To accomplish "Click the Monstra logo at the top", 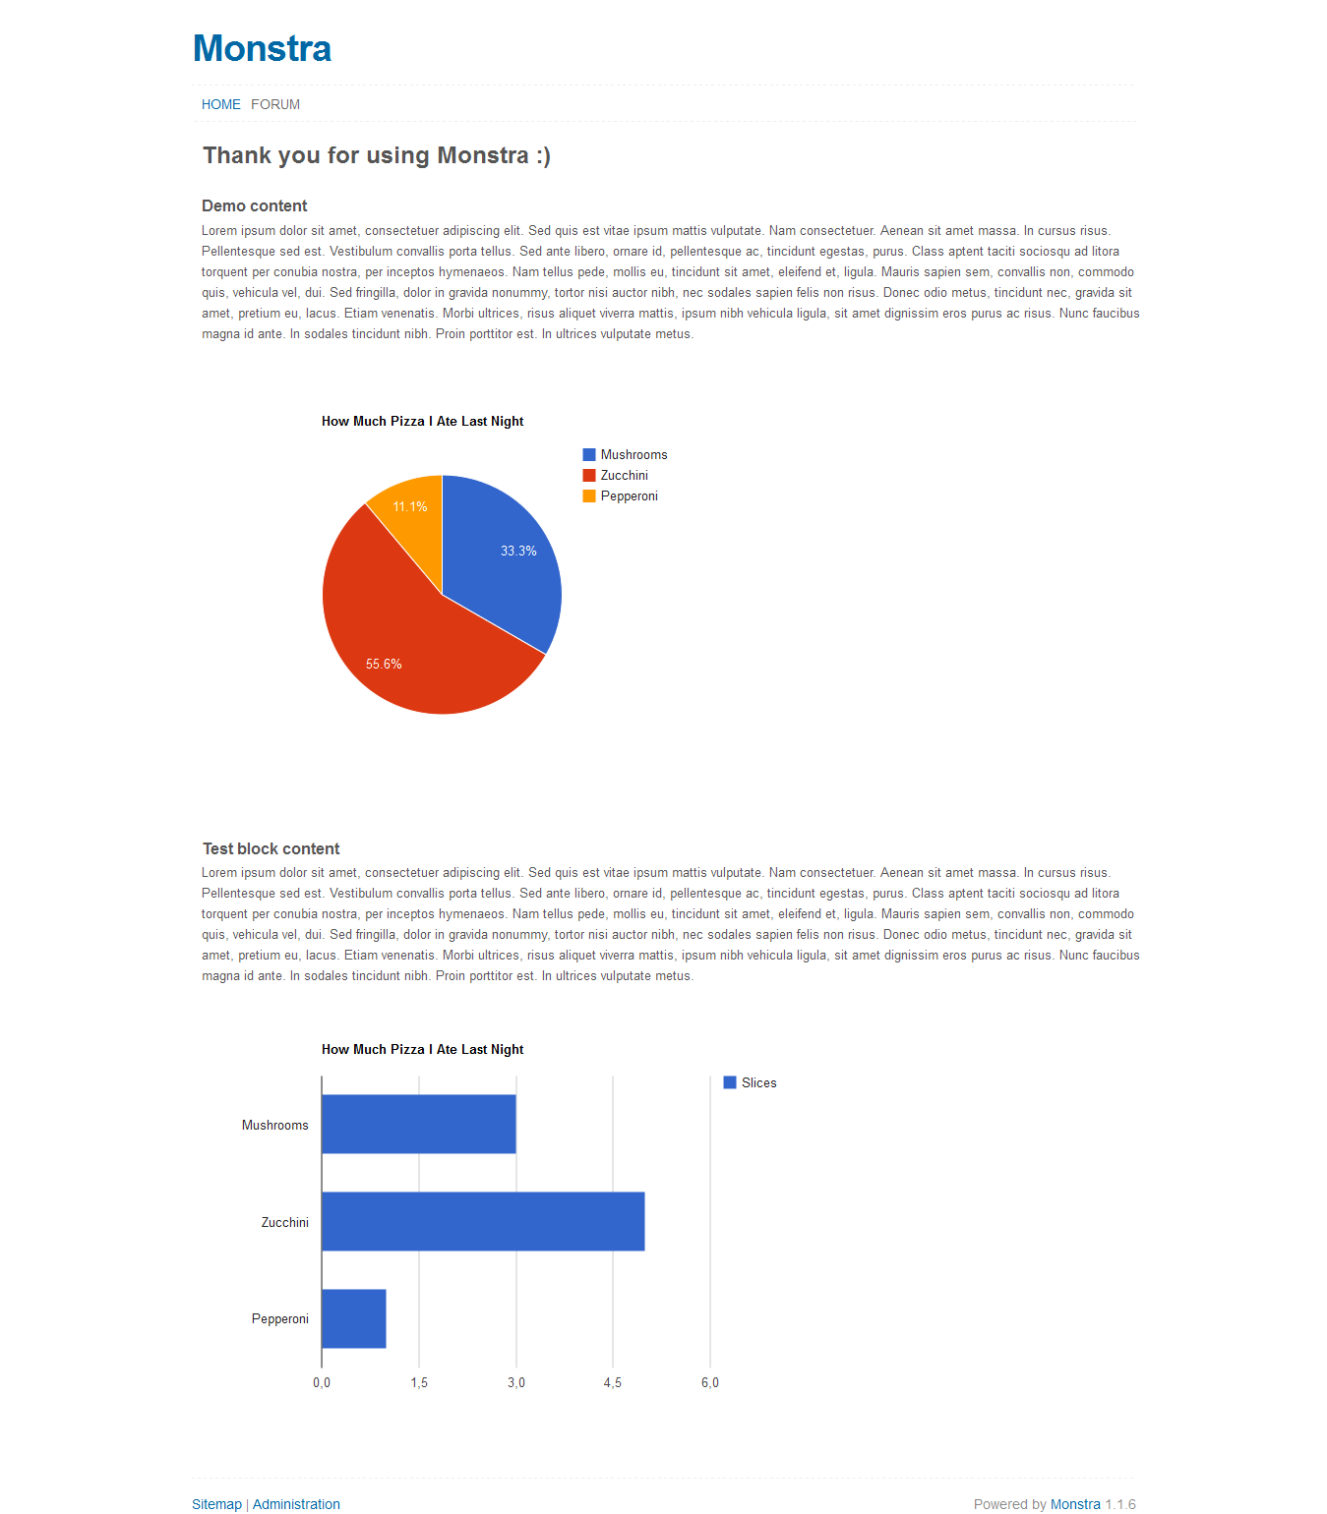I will click(262, 48).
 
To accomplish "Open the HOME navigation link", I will click(220, 104).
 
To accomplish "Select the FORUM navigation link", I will click(275, 104).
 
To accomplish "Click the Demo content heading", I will click(254, 205).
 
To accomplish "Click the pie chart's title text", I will click(422, 421).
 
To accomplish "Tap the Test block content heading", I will click(271, 848).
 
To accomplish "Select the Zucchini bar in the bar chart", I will click(482, 1221).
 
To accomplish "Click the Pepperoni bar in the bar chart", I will click(353, 1318).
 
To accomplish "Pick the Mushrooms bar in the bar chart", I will click(418, 1124).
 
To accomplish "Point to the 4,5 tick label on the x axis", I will click(613, 1382).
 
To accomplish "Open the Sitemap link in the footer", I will click(216, 1504).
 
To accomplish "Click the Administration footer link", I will click(296, 1504).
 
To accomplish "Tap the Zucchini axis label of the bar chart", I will click(284, 1222).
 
